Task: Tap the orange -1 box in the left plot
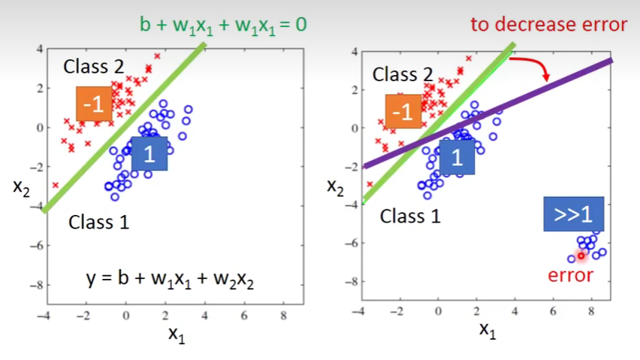tap(94, 104)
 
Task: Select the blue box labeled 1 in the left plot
tap(149, 155)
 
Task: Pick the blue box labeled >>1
tap(573, 214)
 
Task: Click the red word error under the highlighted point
tap(570, 275)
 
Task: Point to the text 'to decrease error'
tap(548, 24)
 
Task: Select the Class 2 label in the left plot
tap(94, 66)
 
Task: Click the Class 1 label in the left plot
tap(99, 222)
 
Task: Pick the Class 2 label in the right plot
tap(403, 74)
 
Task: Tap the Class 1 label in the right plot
tap(409, 216)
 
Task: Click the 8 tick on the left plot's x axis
tap(283, 316)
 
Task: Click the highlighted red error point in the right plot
tap(581, 256)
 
